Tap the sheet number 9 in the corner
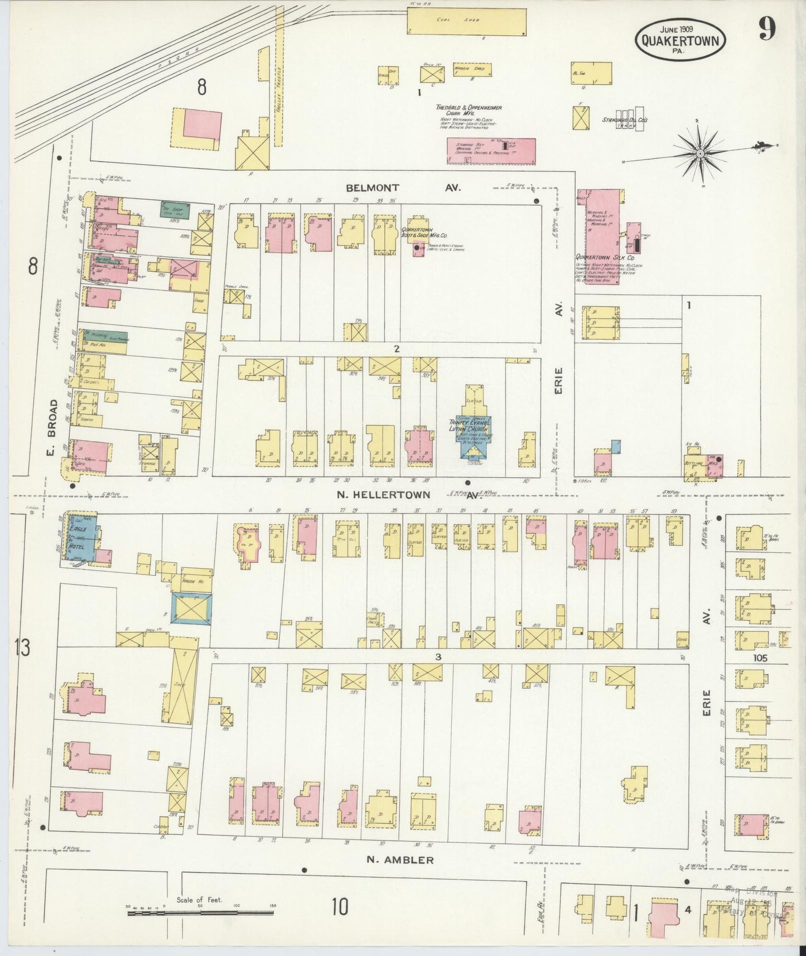pos(766,30)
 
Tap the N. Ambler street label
pos(400,860)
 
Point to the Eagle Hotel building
pos(81,539)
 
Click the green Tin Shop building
pos(175,210)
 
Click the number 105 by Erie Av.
pos(760,658)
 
